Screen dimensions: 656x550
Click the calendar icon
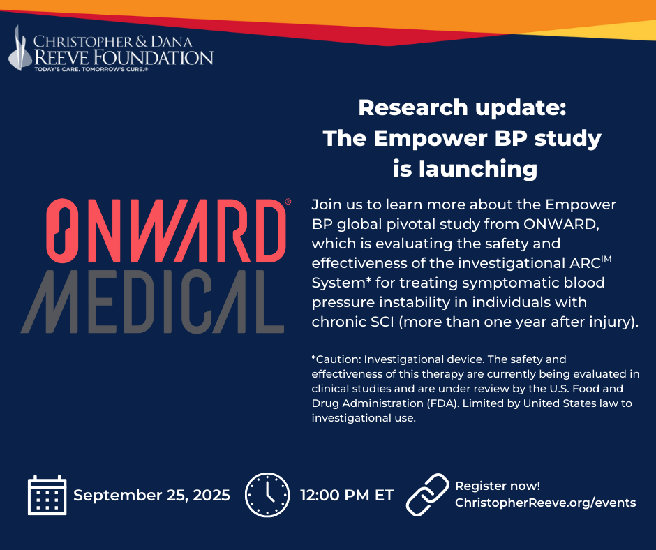(47, 495)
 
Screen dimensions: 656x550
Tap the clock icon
(267, 495)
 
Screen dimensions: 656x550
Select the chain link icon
(427, 495)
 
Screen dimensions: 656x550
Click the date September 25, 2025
(151, 495)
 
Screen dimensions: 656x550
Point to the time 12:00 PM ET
(347, 495)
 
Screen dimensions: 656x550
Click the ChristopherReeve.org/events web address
(545, 503)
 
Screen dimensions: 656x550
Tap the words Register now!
(498, 486)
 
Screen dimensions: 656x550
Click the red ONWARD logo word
(165, 230)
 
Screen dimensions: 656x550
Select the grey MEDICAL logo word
(152, 302)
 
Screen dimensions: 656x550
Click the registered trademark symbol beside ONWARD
(288, 201)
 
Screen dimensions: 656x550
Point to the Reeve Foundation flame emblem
(20, 48)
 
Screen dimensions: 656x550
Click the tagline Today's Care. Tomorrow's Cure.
(91, 69)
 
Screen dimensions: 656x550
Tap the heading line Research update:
(462, 107)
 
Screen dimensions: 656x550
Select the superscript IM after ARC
(606, 259)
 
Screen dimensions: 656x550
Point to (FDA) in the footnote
(443, 403)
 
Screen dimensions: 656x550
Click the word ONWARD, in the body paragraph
(562, 224)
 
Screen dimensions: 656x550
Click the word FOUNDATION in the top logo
(153, 58)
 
